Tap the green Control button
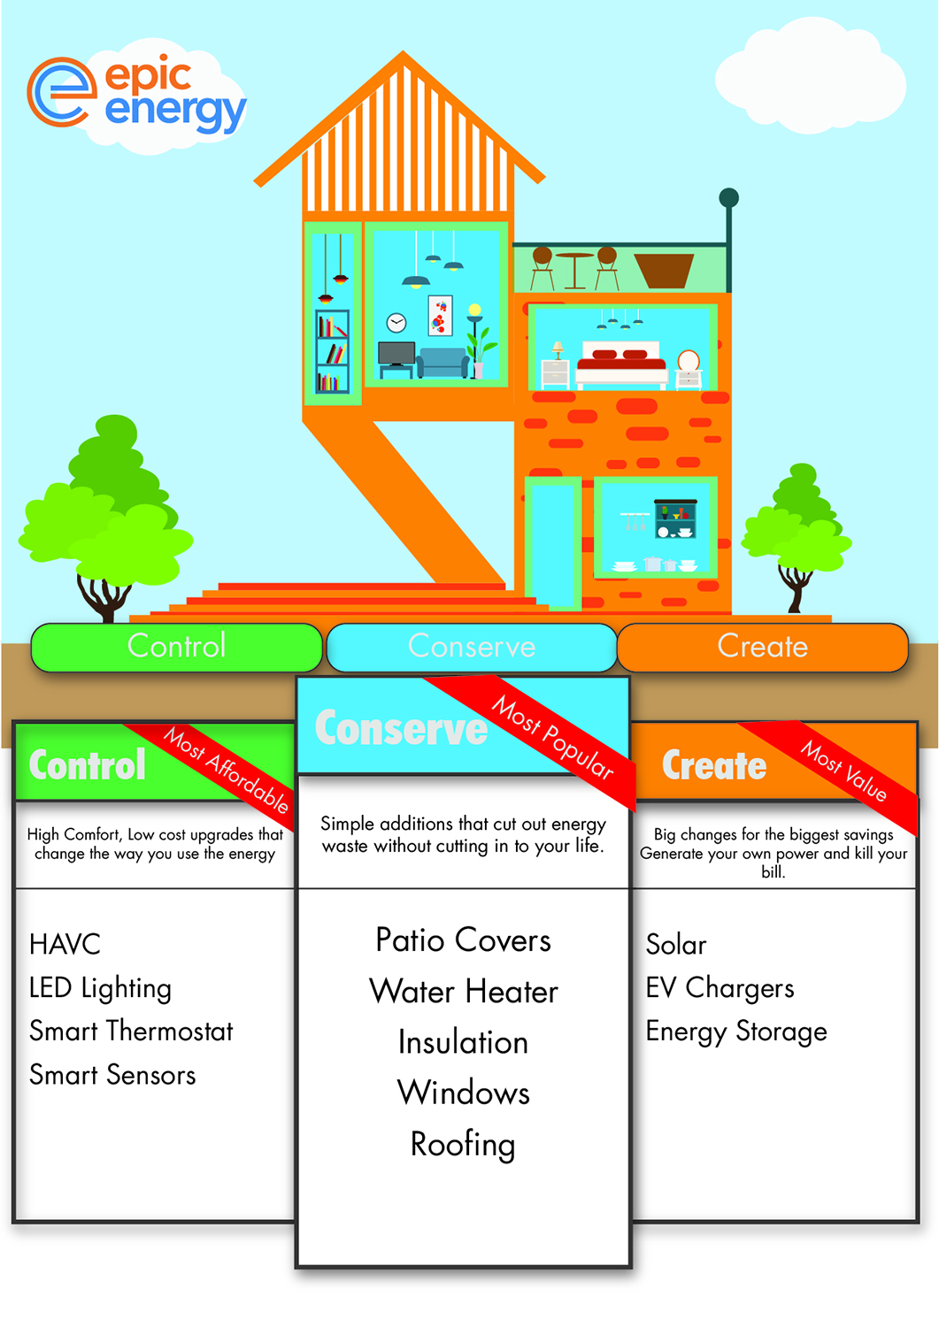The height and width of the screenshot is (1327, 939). point(176,647)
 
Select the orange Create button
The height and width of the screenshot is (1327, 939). point(762,647)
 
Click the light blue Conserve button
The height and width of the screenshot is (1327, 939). point(471,647)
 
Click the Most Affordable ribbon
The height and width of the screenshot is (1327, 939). point(227,769)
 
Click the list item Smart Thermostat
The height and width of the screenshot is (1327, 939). point(131,1031)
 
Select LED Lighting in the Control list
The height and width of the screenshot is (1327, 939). point(100,988)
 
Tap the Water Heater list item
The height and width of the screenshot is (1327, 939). point(464,992)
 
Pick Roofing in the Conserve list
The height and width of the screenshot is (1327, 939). point(463,1145)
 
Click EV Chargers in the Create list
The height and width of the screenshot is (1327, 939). point(720,988)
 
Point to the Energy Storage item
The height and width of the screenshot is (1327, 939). point(736,1032)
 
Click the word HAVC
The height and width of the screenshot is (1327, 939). point(65,945)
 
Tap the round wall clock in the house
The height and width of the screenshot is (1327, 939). point(396,323)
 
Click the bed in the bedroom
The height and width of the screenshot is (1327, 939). point(621,365)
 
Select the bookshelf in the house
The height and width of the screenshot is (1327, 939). point(333,351)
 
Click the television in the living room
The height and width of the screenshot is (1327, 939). point(396,354)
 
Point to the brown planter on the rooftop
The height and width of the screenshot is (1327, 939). point(664,271)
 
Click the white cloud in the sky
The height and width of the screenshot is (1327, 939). point(810,81)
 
